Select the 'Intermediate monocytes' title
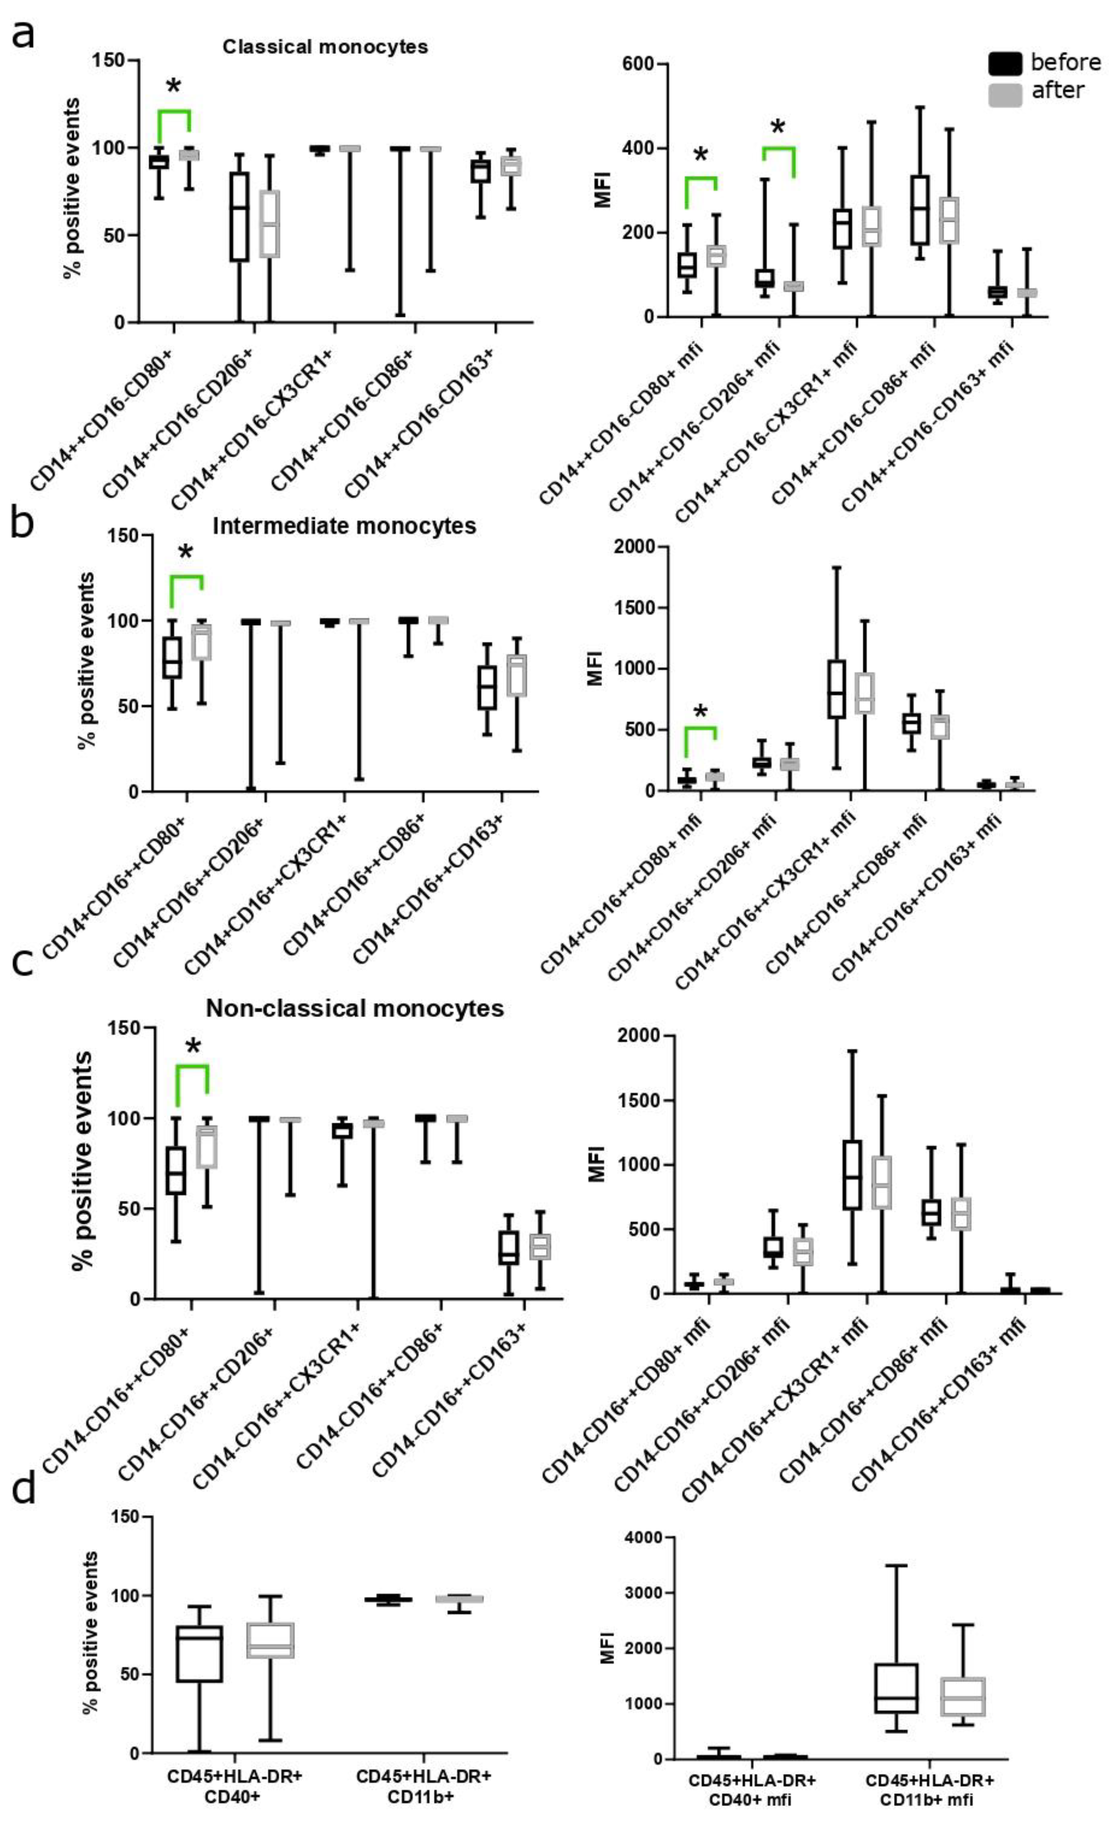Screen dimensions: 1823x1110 tap(344, 526)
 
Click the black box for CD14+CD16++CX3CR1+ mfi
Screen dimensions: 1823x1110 tap(836, 689)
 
